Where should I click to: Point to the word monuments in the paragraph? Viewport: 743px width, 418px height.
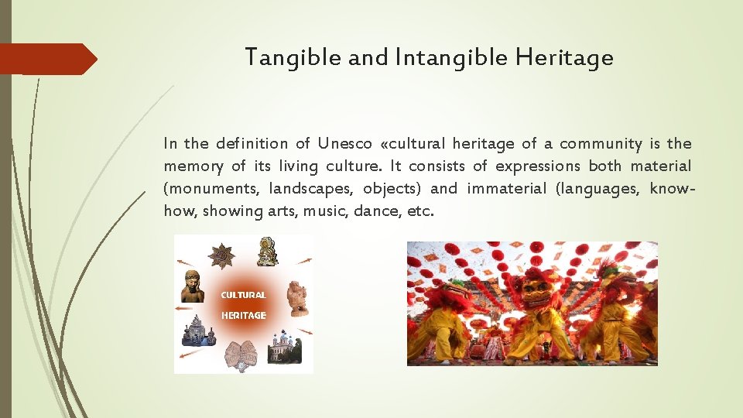[x=213, y=188]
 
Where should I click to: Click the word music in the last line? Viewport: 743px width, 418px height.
[x=325, y=211]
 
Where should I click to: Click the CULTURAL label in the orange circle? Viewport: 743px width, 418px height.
[x=243, y=295]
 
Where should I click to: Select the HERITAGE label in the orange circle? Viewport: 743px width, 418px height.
[x=243, y=315]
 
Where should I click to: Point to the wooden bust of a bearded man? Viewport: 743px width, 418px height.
[x=193, y=286]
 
